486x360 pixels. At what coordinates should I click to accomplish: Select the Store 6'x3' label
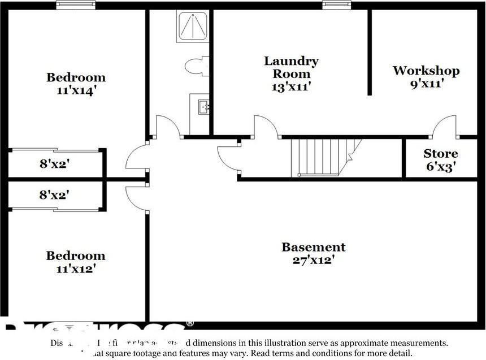point(441,160)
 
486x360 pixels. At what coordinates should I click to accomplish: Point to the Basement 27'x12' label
point(313,253)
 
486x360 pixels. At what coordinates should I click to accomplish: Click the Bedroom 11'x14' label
point(76,84)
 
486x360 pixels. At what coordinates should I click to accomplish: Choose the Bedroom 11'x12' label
point(76,262)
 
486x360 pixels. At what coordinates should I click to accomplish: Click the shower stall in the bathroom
point(193,26)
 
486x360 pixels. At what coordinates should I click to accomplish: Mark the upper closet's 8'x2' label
point(54,164)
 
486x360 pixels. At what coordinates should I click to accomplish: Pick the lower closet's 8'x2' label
point(54,195)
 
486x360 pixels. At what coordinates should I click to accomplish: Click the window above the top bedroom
point(76,5)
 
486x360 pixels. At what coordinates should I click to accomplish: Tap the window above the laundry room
point(337,5)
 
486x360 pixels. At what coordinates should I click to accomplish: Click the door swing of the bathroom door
point(168,127)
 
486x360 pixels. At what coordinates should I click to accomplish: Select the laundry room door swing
point(265,127)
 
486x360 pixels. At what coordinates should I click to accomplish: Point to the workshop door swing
point(445,127)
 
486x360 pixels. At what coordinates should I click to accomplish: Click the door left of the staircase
point(229,158)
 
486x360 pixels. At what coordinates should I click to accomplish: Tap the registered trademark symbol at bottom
point(190,324)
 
